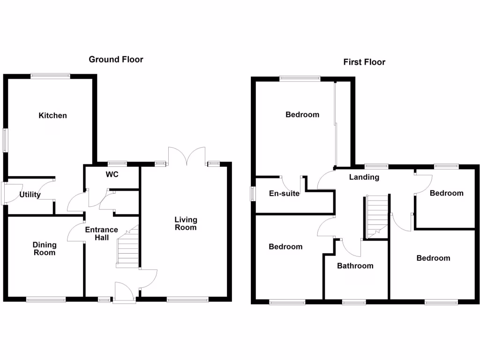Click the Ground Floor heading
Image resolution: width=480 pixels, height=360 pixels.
(116, 60)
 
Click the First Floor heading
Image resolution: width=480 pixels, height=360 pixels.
(364, 62)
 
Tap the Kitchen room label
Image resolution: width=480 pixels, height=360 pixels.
(53, 115)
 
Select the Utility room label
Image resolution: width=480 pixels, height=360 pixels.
(30, 195)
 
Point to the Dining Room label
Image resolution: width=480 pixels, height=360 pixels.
(45, 248)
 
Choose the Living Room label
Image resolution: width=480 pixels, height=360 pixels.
(186, 223)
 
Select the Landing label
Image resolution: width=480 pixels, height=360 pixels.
(364, 177)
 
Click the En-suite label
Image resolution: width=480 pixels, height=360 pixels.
(284, 193)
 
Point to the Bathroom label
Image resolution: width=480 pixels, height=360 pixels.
(355, 266)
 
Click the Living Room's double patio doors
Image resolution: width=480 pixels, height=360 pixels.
(187, 156)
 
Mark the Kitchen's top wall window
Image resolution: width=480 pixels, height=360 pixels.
(50, 75)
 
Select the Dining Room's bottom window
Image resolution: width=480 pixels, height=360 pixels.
(46, 299)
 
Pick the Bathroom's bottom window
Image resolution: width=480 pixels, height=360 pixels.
(354, 302)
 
